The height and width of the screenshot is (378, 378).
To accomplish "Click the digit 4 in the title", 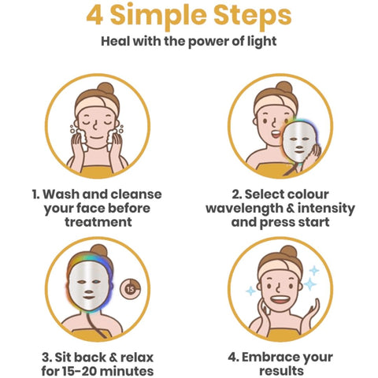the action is pos(94,15).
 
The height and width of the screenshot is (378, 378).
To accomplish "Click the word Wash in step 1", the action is pos(61,195).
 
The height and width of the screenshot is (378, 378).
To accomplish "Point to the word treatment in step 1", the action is pos(98,222).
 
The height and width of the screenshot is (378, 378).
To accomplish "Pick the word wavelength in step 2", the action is pos(244,209).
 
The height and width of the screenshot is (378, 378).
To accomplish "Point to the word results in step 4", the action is pos(281,371).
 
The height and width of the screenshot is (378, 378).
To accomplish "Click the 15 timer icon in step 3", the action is pos(130,289).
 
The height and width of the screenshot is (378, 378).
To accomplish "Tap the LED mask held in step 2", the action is pos(299,141).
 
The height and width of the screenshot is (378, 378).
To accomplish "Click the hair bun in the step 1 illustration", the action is pos(106,88).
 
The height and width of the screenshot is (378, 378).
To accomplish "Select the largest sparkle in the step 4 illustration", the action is pos(309,283).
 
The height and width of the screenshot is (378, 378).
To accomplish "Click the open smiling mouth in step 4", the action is pos(280,299).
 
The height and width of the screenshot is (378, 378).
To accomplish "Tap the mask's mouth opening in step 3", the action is pos(88,298).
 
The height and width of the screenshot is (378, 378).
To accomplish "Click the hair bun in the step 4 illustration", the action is pos(288,251).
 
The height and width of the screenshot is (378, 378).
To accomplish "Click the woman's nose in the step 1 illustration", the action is pos(95,126).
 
